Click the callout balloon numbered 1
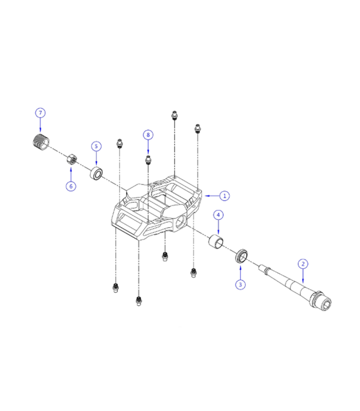(x=224, y=195)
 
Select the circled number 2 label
(x=303, y=264)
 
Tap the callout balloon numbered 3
(x=240, y=284)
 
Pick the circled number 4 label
(x=218, y=214)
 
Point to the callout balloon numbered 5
(x=96, y=146)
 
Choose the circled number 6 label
(x=71, y=185)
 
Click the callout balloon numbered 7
(x=40, y=113)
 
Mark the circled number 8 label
(x=148, y=135)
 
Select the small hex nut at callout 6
(x=72, y=159)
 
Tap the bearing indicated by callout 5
(x=96, y=173)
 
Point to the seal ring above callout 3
(x=241, y=255)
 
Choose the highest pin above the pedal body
(x=174, y=115)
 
